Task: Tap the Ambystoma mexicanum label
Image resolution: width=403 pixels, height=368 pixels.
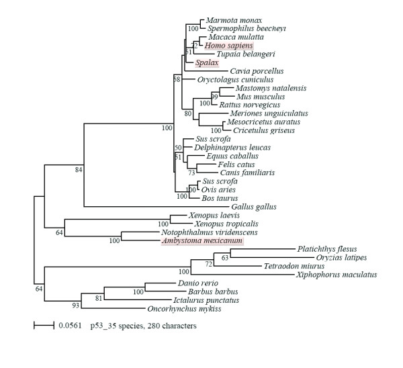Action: pyautogui.click(x=202, y=241)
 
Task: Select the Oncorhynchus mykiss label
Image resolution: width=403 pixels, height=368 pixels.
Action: pyautogui.click(x=181, y=310)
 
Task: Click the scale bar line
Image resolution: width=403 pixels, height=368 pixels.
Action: pyautogui.click(x=43, y=326)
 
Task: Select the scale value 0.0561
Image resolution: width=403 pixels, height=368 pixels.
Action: pyautogui.click(x=69, y=326)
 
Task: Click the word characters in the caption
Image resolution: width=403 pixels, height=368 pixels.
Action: pyautogui.click(x=176, y=326)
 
